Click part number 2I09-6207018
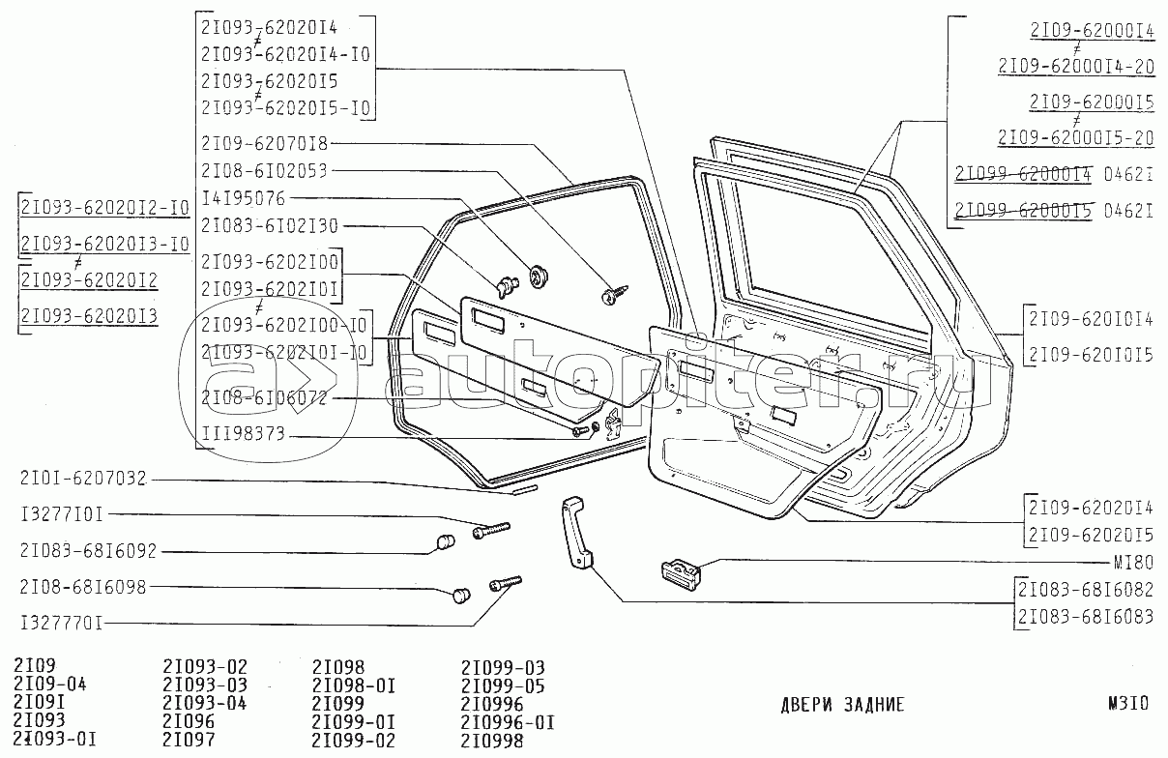pos(265,144)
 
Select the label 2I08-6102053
pos(265,171)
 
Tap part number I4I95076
pos(243,199)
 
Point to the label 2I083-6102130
pos(270,225)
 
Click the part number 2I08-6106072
pos(265,397)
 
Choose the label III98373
pos(243,435)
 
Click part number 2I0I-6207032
pos(83,479)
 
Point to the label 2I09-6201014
pos(1091,319)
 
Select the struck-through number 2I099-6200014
pos(1023,175)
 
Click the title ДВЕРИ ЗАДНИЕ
pos(842,705)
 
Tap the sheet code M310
pos(1127,705)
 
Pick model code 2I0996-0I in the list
pos(508,723)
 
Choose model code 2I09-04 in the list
pos(51,685)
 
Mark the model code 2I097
pos(189,741)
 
